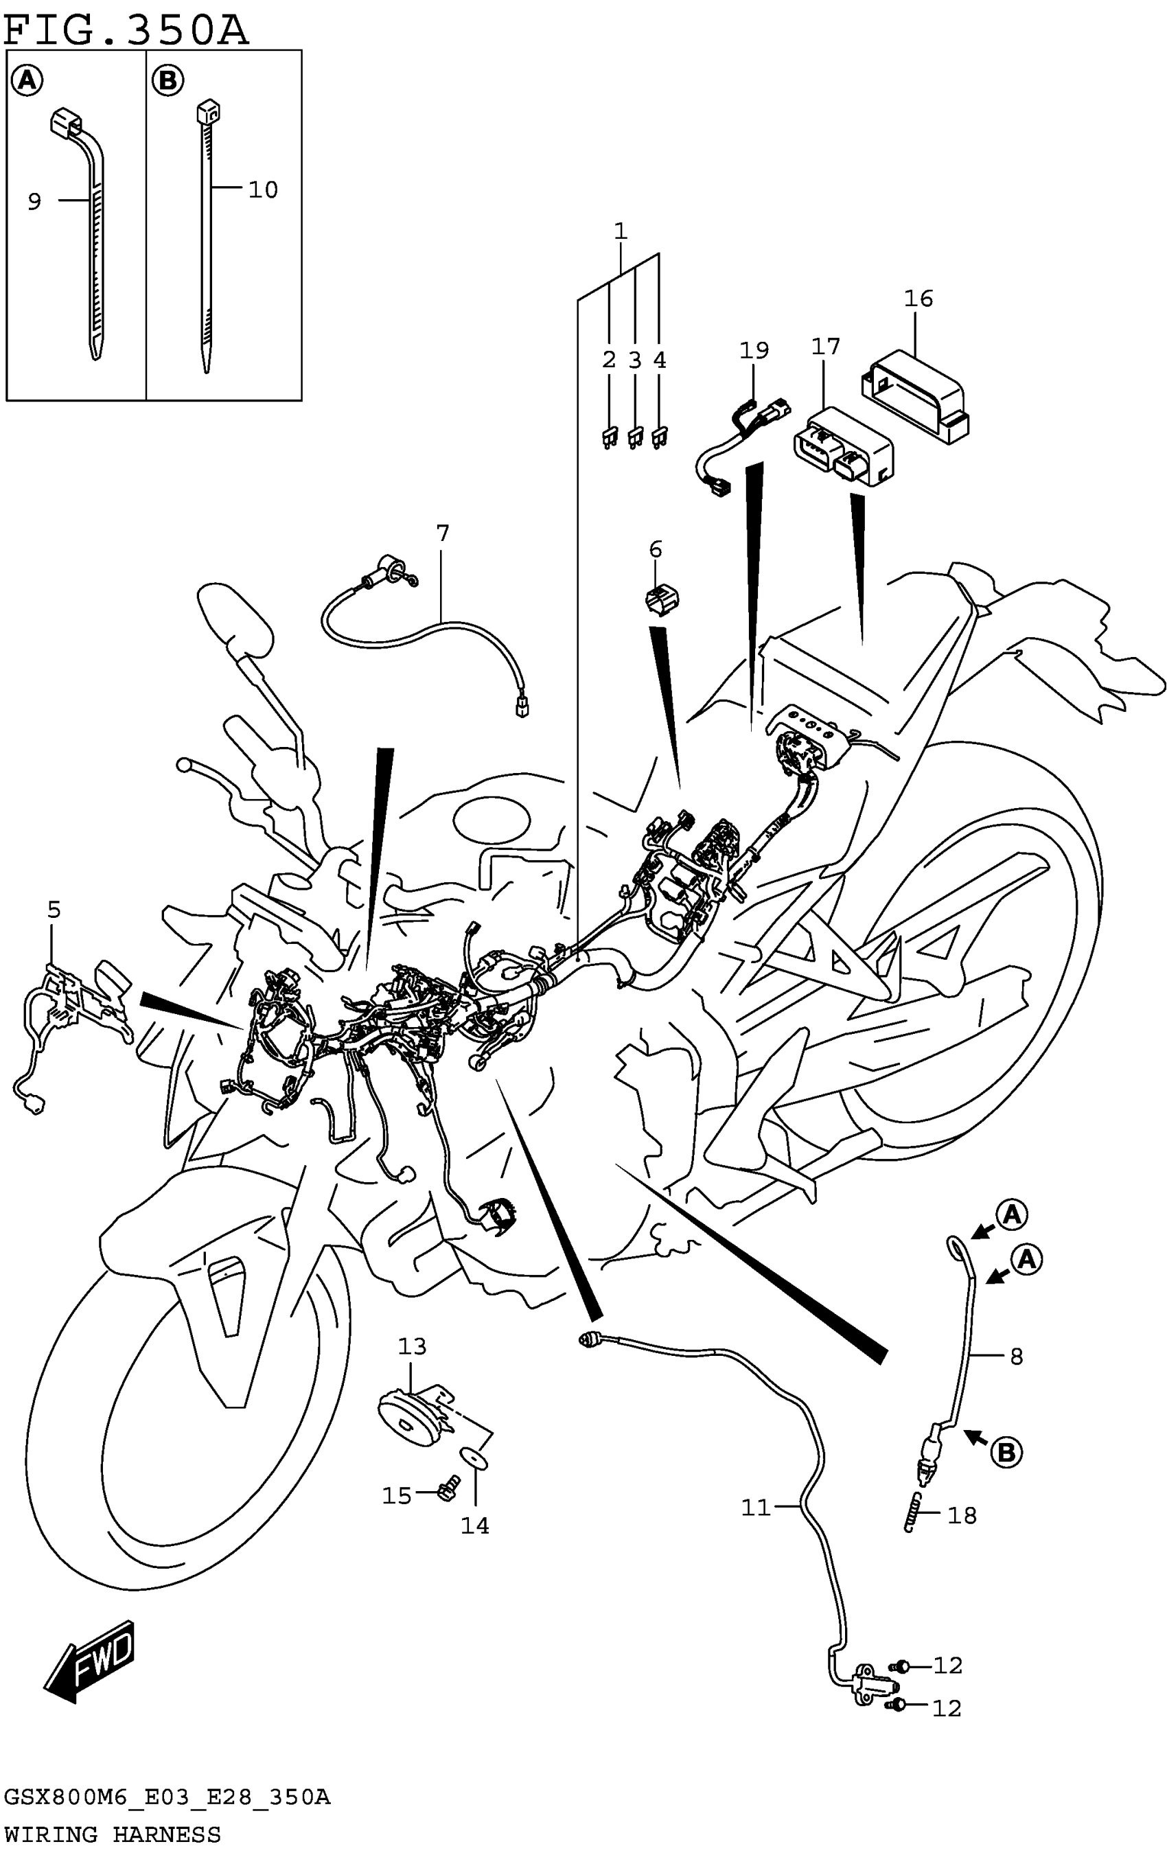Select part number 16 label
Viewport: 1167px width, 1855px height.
pyautogui.click(x=917, y=299)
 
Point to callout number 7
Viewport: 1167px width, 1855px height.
pyautogui.click(x=442, y=533)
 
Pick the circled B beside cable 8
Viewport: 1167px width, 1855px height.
pyautogui.click(x=1005, y=1453)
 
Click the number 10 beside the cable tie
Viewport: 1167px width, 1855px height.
pyautogui.click(x=263, y=189)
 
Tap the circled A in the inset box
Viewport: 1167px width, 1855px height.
pyautogui.click(x=27, y=80)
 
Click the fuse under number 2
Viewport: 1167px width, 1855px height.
pyautogui.click(x=608, y=438)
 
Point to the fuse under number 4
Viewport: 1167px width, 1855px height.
pyautogui.click(x=660, y=438)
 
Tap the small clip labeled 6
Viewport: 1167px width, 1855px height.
pyautogui.click(x=662, y=599)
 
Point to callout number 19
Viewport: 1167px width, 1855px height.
pyautogui.click(x=754, y=351)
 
